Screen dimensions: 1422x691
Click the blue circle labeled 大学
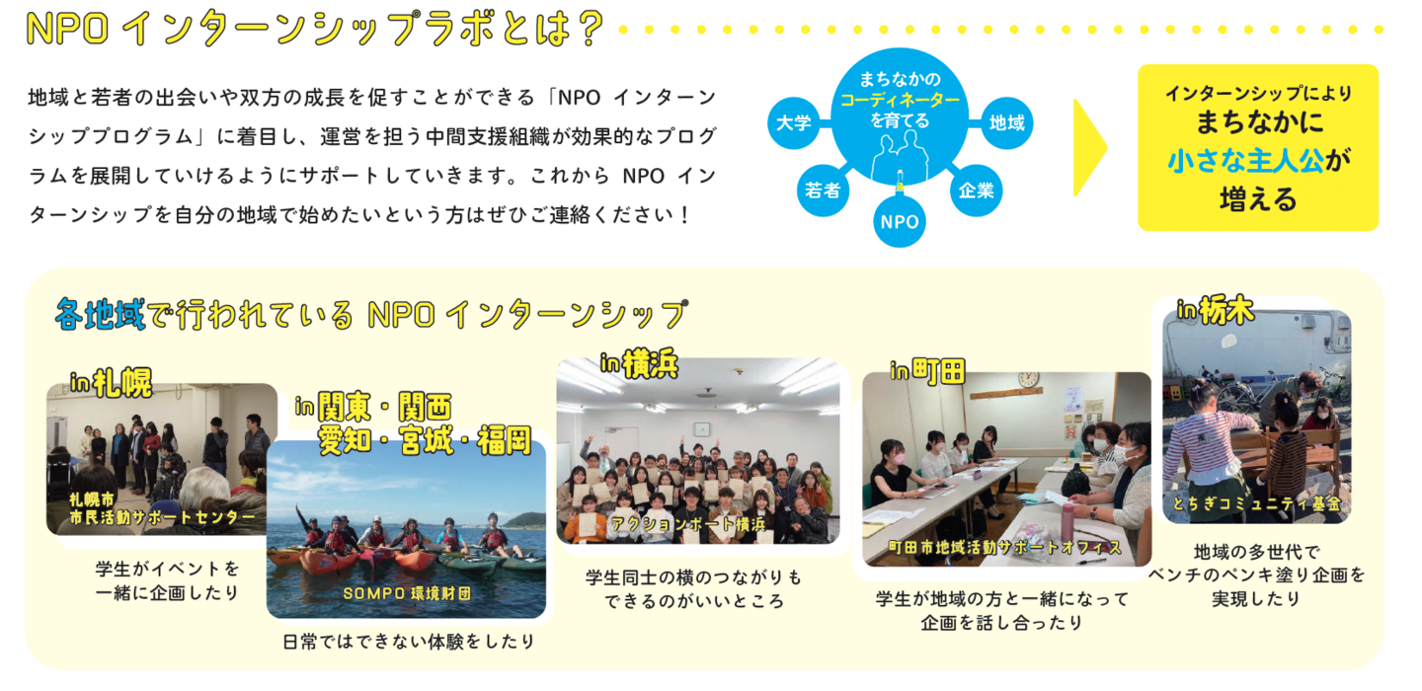coord(794,122)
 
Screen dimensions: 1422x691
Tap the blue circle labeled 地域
coord(1007,122)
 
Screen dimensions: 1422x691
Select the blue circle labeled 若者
coord(823,191)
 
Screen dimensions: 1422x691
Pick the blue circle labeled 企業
coord(977,191)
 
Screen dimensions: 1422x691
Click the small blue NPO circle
coord(900,221)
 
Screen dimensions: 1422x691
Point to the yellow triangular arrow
coord(1088,148)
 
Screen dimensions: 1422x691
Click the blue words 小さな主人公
coord(1245,161)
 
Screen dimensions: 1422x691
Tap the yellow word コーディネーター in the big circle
coord(901,100)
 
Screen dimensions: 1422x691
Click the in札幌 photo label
coord(112,382)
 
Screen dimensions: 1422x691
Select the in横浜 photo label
coord(639,363)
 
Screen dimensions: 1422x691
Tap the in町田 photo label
coord(927,370)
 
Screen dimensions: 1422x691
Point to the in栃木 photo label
coord(1216,311)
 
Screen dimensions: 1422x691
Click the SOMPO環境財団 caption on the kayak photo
coord(407,593)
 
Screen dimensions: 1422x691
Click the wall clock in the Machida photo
coord(1028,380)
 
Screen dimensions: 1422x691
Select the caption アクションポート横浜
coord(688,524)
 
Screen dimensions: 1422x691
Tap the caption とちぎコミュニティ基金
coord(1256,503)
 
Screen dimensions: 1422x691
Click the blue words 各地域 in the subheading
coord(100,314)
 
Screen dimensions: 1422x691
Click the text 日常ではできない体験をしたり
coord(409,643)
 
